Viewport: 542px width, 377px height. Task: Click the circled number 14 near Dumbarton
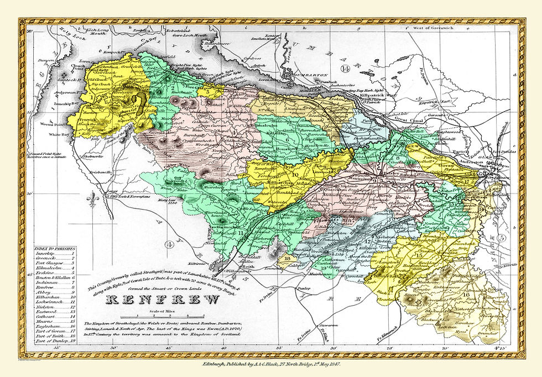[x=345, y=69]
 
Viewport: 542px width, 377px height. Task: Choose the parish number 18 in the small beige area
[x=286, y=258]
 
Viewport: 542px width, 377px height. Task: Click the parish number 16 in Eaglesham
[x=467, y=295]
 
